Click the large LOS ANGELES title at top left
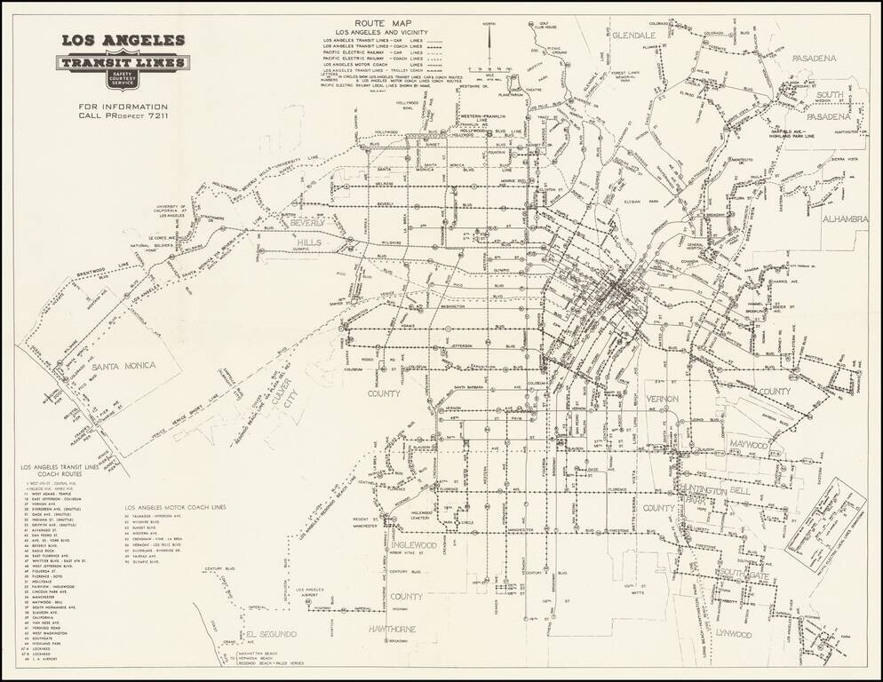click(123, 40)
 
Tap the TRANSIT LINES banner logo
click(123, 63)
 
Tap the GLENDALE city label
click(632, 34)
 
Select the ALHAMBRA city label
click(845, 218)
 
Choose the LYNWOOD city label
click(733, 634)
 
